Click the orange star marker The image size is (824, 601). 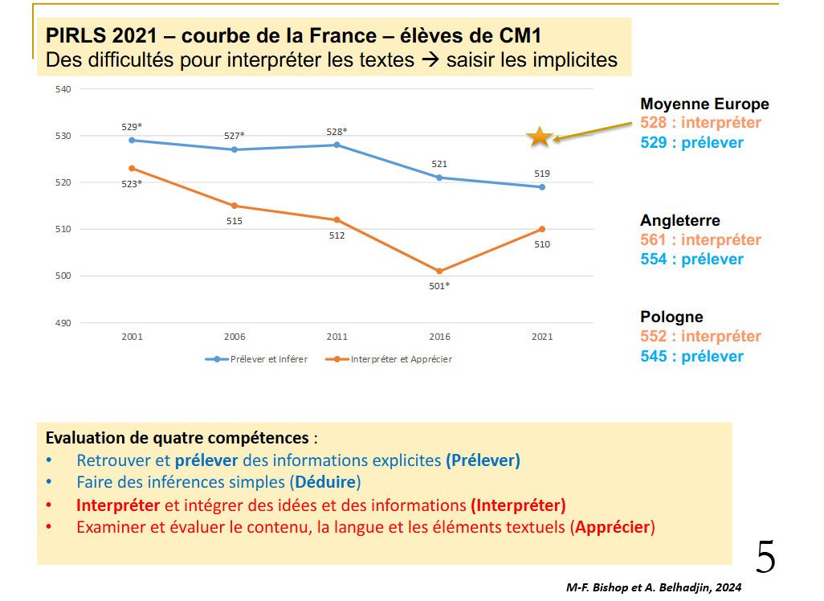[x=540, y=137]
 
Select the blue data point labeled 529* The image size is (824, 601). [x=132, y=140]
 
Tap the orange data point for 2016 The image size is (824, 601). [x=439, y=271]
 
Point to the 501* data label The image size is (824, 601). [x=439, y=286]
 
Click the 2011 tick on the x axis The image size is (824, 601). [x=337, y=337]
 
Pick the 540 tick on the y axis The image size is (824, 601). [x=65, y=89]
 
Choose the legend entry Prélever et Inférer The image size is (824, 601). [x=257, y=359]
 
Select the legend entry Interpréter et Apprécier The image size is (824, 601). [x=393, y=359]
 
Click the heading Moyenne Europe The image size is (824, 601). [x=704, y=104]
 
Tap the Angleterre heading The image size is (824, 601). [x=680, y=221]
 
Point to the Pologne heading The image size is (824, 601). [x=671, y=317]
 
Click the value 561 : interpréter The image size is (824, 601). [x=700, y=240]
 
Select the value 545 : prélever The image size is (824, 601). [x=691, y=356]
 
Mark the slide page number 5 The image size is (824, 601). [x=765, y=557]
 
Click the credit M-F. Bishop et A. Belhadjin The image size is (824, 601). [x=653, y=587]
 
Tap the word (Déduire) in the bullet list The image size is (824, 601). [x=325, y=483]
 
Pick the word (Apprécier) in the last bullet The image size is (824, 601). [x=613, y=528]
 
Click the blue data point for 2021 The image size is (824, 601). [x=541, y=187]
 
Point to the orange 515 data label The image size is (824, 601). [x=235, y=221]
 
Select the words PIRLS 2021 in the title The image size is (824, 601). [x=107, y=35]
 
